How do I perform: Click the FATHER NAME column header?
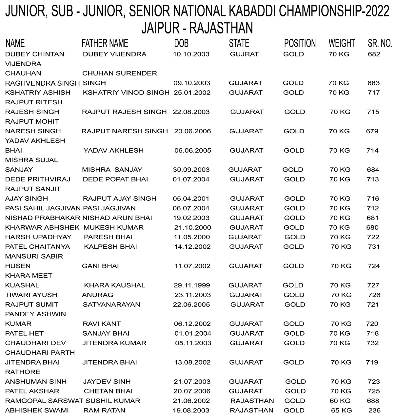tap(105, 43)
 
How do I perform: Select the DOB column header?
tap(181, 43)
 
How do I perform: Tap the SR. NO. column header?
tap(380, 43)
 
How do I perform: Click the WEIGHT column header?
tap(342, 43)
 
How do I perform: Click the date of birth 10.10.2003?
tap(191, 54)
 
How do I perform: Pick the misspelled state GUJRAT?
tap(244, 54)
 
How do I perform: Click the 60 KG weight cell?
tap(340, 401)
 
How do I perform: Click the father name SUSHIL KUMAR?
tap(113, 401)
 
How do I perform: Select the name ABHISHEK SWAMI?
tap(37, 410)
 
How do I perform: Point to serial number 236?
tap(374, 410)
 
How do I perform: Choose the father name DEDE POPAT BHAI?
tap(115, 179)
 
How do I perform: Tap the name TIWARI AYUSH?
tap(31, 295)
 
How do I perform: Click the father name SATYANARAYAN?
tap(111, 304)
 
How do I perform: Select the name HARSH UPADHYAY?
tap(38, 237)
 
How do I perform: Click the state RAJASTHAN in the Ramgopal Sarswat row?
tap(252, 401)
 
